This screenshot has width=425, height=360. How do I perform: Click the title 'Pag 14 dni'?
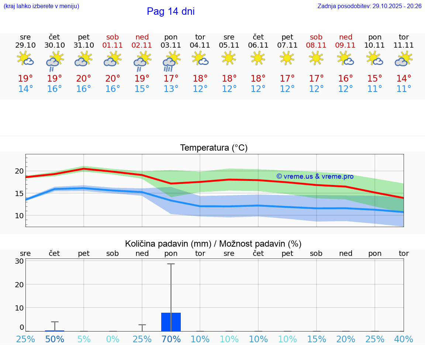tap(170, 11)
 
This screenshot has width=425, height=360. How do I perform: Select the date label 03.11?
tap(171, 45)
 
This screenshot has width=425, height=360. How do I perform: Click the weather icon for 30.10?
tap(55, 61)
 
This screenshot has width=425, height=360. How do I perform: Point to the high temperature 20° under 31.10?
tap(84, 79)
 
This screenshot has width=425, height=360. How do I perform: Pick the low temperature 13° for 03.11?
tap(171, 89)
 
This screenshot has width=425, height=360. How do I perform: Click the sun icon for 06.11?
tap(258, 58)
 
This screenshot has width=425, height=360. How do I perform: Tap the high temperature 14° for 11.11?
tap(404, 79)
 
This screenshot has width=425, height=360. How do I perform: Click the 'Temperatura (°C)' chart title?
tap(214, 148)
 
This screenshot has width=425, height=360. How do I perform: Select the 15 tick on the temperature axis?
tap(20, 193)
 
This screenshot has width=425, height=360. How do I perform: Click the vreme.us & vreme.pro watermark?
tap(315, 176)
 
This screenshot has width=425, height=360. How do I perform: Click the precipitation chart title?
tap(213, 244)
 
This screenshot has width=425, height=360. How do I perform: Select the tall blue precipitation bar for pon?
tap(171, 322)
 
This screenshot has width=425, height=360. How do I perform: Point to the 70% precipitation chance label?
tap(171, 339)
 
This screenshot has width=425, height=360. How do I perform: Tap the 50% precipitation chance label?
tap(55, 339)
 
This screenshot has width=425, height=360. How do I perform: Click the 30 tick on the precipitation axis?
tap(20, 261)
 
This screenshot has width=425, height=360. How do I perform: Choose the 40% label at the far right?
tap(404, 339)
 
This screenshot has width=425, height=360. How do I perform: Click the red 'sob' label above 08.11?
tap(316, 37)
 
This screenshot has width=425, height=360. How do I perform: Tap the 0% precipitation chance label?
tap(113, 339)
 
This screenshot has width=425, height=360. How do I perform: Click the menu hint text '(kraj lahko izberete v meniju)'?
tap(41, 6)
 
